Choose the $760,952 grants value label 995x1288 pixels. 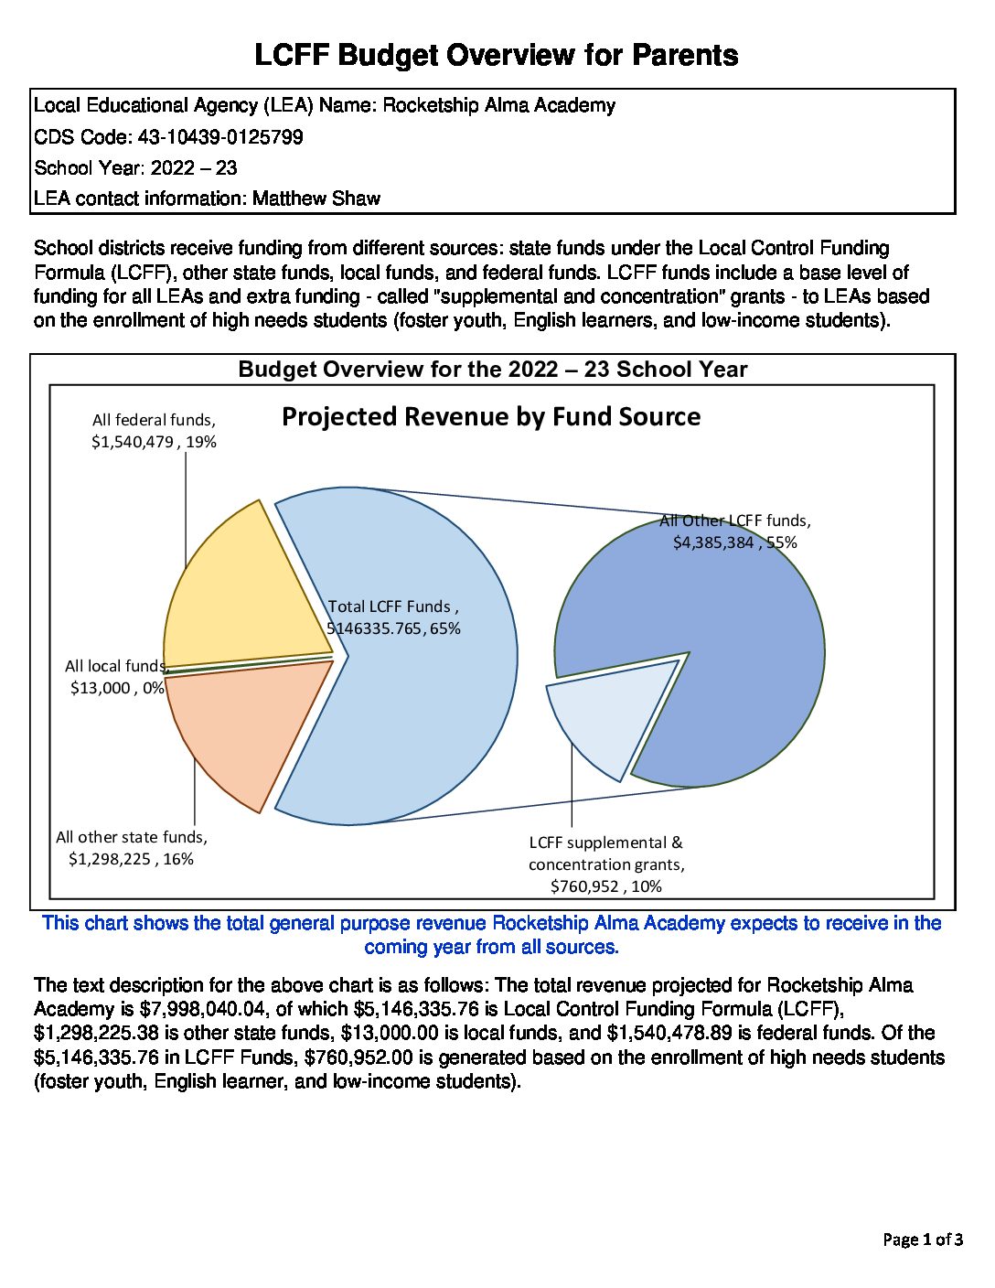pos(605,885)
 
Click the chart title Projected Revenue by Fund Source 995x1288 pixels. pos(491,417)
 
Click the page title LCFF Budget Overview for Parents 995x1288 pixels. pos(497,55)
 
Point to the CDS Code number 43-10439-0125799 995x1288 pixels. pos(220,137)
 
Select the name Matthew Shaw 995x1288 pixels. pos(316,199)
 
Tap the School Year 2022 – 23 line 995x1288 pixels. pos(135,168)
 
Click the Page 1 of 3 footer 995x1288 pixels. pos(922,1240)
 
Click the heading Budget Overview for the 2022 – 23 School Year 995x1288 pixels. pos(493,370)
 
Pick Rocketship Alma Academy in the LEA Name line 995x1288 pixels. pos(498,105)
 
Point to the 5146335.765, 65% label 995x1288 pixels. pos(394,628)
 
